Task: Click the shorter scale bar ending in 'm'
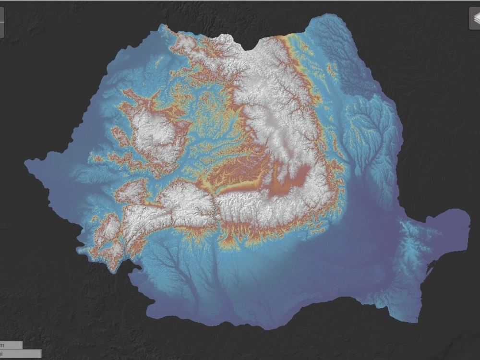point(11,345)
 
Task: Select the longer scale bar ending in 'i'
point(20,354)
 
